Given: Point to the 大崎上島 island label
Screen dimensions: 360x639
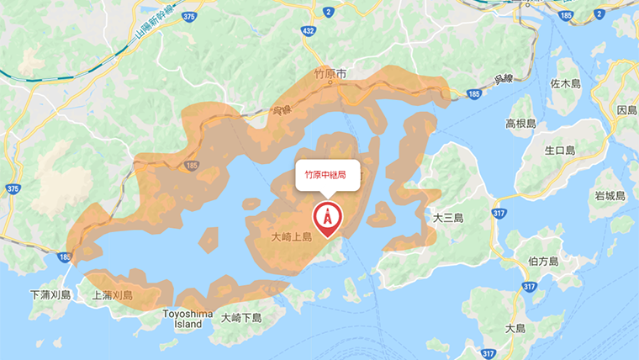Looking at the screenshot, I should pos(292,237).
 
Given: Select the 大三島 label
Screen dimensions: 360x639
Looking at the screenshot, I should pos(448,217).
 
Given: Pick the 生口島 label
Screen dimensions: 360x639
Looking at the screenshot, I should pos(558,151).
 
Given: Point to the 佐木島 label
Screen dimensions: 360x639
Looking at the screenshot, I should pos(565,84).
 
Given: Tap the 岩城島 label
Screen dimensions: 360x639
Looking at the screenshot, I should pos(610,196).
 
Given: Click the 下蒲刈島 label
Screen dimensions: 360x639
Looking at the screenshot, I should pos(51,295).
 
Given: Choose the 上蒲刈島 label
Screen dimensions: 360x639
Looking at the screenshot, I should pos(113,295).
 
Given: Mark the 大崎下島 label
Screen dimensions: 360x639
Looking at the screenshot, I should pos(242,318).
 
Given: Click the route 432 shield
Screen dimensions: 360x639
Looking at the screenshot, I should pos(308,31).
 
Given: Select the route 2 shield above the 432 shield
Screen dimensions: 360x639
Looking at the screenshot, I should pos(327,11).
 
